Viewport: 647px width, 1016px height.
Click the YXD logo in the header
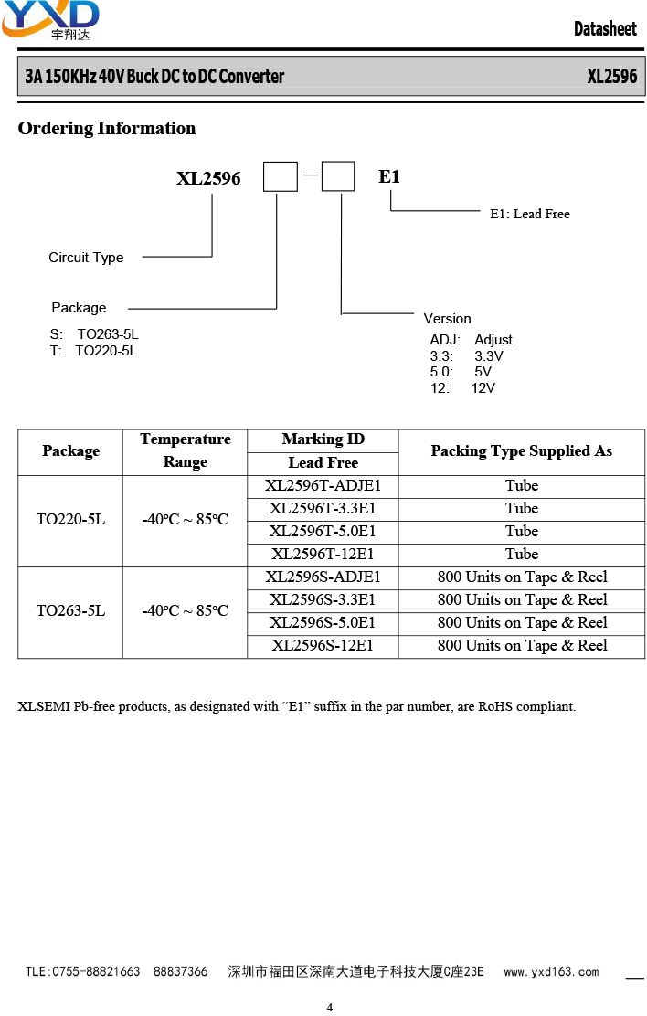[50, 20]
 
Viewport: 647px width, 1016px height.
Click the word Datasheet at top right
[605, 28]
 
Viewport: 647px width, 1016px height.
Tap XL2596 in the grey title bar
[612, 77]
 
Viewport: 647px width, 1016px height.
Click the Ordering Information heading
[107, 128]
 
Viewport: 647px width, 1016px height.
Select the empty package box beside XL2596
[280, 176]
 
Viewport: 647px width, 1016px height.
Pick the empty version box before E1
[338, 176]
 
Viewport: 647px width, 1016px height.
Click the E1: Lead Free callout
[530, 214]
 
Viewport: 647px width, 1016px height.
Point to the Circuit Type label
[86, 258]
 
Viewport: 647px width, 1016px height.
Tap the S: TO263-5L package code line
[94, 334]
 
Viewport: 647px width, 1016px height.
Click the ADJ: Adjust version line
[471, 340]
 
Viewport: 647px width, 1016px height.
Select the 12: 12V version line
[462, 388]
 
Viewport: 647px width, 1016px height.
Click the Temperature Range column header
[186, 450]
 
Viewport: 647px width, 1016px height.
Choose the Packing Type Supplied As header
[521, 451]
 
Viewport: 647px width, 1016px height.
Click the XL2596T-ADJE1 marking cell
[323, 486]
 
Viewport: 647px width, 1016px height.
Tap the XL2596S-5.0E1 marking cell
[323, 623]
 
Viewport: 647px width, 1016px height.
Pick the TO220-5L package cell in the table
[70, 520]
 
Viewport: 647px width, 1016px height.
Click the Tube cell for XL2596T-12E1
[522, 554]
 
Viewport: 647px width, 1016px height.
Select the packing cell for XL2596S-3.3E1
[522, 600]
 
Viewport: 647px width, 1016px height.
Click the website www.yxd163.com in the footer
[552, 971]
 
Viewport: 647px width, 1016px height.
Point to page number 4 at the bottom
[330, 1007]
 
